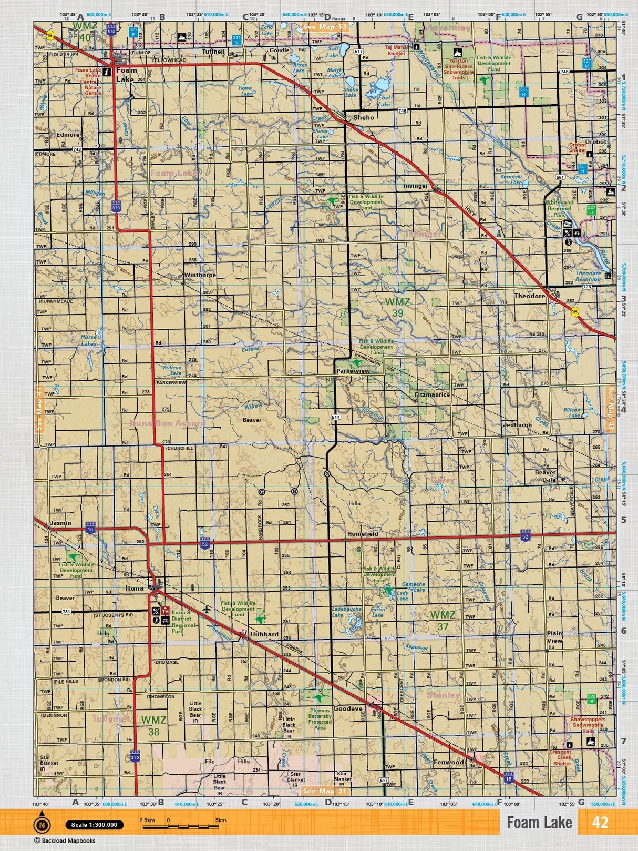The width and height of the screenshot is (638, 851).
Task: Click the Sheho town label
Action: [x=364, y=117]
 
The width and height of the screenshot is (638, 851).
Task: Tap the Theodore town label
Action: [x=530, y=296]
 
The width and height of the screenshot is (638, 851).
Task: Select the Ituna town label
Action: [x=135, y=588]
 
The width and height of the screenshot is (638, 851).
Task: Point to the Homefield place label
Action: [x=363, y=534]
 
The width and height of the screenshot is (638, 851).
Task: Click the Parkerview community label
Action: [x=353, y=371]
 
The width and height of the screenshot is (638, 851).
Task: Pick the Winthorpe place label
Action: [x=200, y=275]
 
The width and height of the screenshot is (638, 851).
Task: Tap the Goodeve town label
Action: [x=348, y=708]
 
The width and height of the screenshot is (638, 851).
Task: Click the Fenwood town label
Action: [x=449, y=762]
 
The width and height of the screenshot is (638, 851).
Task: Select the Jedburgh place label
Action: [x=518, y=425]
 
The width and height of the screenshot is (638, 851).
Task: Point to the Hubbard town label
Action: [x=264, y=634]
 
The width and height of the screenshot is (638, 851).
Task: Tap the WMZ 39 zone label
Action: [x=397, y=307]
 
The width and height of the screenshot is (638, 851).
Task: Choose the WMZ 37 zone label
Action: [x=443, y=620]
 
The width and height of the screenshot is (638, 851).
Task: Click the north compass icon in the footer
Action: [x=42, y=825]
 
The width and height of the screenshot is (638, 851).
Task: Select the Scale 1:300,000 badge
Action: [x=95, y=825]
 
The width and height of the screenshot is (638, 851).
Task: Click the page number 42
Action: [x=600, y=823]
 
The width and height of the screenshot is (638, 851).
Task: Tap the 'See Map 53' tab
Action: [x=325, y=26]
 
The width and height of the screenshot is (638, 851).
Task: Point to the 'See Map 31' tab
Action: [x=325, y=791]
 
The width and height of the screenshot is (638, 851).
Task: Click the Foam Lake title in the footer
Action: [x=539, y=823]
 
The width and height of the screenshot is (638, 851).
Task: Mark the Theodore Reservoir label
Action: [x=588, y=276]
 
